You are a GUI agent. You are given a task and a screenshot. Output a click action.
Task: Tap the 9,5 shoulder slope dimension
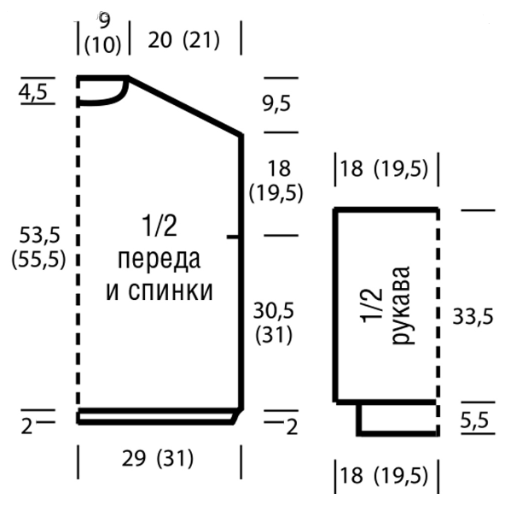coord(276,104)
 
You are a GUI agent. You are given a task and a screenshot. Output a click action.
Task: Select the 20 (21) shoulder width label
coord(183,40)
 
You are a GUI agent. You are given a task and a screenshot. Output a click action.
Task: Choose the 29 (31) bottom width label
coord(160,459)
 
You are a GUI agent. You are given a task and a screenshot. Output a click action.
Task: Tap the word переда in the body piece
coord(160,258)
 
